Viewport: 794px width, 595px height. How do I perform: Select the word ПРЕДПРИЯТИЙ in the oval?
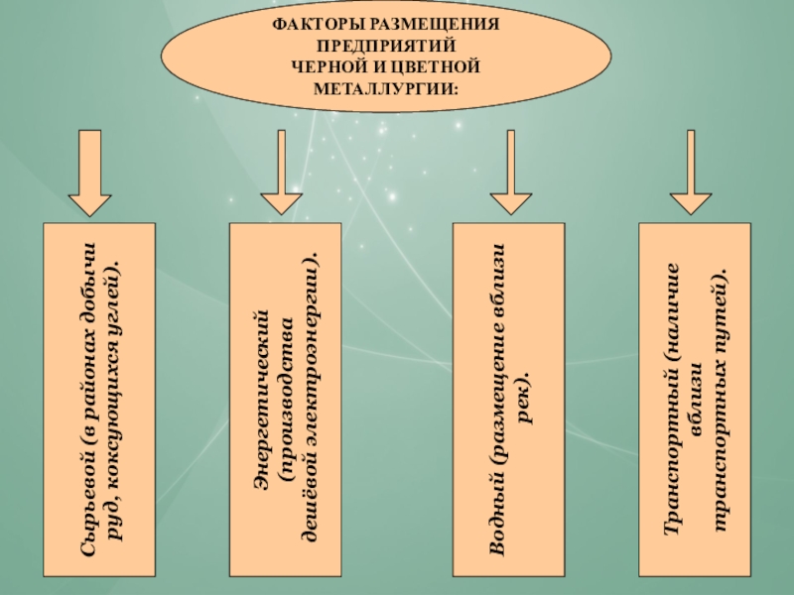383,46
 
